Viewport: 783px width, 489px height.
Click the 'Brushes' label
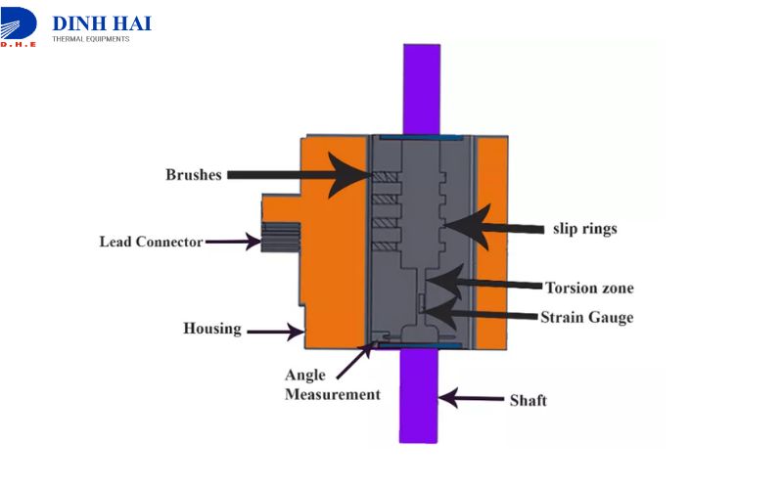click(192, 175)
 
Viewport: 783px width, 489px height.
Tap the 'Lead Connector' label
click(151, 242)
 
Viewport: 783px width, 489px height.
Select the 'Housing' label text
click(211, 329)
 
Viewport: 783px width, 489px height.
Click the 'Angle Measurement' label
click(332, 385)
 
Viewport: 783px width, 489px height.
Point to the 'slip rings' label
click(582, 230)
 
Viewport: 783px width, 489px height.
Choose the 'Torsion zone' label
click(589, 288)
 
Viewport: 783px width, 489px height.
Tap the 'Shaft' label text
click(529, 401)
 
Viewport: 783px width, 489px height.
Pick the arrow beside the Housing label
click(275, 333)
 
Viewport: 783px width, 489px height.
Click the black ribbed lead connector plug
click(278, 237)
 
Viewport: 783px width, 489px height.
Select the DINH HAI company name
click(102, 23)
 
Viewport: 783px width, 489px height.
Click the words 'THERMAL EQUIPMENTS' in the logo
click(90, 39)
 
